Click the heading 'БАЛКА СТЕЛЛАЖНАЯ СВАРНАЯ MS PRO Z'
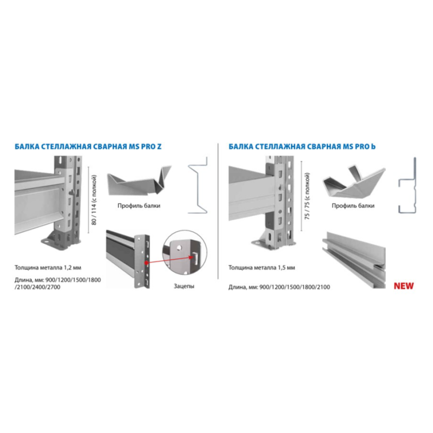tap(88, 146)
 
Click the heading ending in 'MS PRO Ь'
tap(302, 146)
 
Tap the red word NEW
tap(404, 286)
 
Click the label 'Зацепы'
tap(184, 286)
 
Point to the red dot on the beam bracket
tap(146, 263)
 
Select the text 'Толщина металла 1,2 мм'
tap(48, 267)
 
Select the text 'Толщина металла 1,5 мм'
tap(261, 267)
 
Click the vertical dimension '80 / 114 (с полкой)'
tap(94, 200)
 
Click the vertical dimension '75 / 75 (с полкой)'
tap(307, 196)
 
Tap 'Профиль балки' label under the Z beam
tap(139, 206)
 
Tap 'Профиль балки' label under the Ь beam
tap(353, 206)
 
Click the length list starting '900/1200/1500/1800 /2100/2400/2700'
tap(58, 283)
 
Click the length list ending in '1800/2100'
tap(279, 287)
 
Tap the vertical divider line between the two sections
tap(218, 211)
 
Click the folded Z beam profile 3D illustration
tap(139, 181)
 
